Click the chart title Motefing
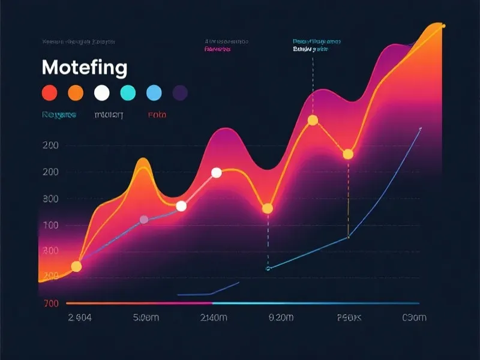tap(85, 67)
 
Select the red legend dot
tap(49, 93)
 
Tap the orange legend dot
tap(76, 93)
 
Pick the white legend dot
tap(102, 93)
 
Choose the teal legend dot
tap(128, 93)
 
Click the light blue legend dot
tap(154, 93)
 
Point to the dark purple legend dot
tap(180, 93)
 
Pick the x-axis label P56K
tap(350, 317)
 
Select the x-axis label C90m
tap(414, 317)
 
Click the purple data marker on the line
tap(144, 220)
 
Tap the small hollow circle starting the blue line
tap(268, 268)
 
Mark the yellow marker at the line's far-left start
tap(76, 266)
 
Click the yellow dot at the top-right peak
tap(443, 26)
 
